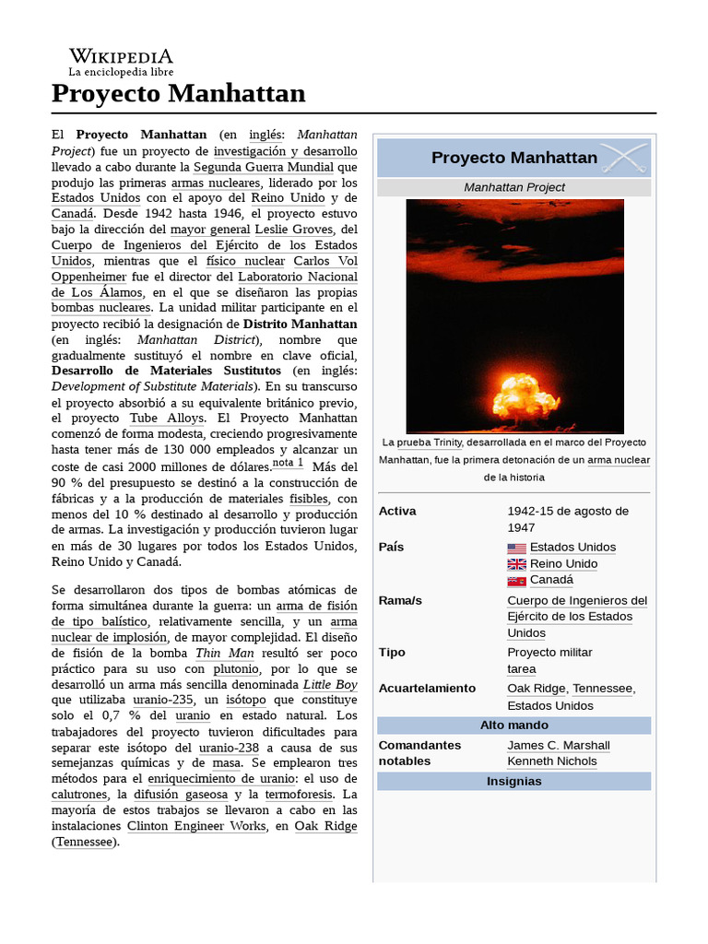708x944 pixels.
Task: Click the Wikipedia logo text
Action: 120,57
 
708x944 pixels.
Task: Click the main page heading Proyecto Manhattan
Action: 178,93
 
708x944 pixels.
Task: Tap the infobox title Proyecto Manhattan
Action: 513,158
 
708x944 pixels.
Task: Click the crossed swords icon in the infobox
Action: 624,159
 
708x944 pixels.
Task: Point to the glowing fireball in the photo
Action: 525,392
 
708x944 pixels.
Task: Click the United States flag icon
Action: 516,548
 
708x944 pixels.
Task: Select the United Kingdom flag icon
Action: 516,564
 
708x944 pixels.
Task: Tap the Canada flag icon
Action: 516,581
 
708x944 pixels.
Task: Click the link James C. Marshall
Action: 558,745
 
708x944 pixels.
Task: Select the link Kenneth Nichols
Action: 551,761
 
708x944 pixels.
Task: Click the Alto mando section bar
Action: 513,726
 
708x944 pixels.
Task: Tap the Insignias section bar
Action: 513,781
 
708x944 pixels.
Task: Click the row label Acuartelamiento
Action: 427,688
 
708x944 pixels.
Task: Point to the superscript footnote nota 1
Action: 288,463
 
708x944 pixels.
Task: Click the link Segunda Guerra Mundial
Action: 264,167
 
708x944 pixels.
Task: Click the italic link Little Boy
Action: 330,684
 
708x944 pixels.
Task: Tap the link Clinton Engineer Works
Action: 195,826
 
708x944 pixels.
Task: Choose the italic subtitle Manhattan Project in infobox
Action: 513,187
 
